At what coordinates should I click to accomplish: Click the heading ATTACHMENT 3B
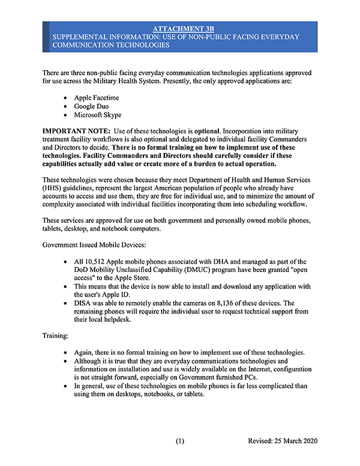[180, 28]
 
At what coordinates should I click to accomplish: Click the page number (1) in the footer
[180, 441]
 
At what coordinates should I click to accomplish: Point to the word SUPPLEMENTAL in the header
[82, 37]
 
